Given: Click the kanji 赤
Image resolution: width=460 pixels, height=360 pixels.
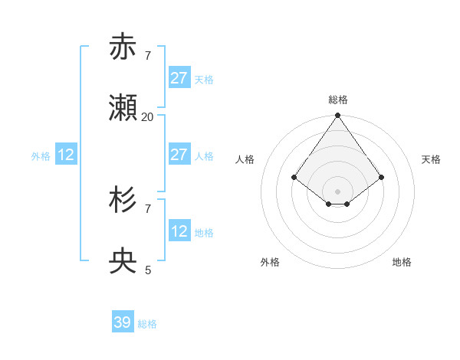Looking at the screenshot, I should tap(123, 47).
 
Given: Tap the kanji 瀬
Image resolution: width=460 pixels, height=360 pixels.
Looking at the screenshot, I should tap(123, 108).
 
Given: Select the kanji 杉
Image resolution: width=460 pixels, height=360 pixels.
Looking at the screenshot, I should tap(123, 200).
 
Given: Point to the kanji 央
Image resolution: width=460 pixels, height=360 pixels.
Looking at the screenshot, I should tap(123, 261).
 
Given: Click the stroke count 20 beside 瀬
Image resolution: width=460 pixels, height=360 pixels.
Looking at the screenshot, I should tap(148, 116).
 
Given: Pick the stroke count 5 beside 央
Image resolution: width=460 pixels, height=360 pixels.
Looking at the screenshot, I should tap(148, 270).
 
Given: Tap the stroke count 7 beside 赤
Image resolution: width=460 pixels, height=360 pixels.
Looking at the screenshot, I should tap(148, 55).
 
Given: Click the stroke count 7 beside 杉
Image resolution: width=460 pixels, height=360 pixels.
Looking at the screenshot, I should tap(148, 208).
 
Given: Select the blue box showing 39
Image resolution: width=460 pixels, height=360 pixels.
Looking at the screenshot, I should tap(123, 322).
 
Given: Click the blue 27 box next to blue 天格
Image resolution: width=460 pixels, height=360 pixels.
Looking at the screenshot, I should tap(179, 78).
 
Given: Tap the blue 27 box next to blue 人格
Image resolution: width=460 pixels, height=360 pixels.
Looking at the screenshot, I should tap(179, 155).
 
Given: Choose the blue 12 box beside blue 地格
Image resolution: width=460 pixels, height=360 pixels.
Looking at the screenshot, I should tap(179, 231).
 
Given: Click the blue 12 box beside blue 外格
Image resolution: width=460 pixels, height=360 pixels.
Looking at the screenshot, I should tap(66, 155).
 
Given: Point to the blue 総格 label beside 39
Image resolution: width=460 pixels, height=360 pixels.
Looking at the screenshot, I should tap(147, 324).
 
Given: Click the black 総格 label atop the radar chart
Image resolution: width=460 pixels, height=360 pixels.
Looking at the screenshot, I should tap(338, 100).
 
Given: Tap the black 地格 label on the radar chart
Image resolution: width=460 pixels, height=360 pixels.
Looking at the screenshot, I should tap(402, 262).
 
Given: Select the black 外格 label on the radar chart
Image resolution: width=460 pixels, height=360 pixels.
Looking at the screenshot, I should tap(270, 262).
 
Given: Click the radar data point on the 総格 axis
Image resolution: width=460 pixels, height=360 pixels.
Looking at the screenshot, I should tap(337, 116).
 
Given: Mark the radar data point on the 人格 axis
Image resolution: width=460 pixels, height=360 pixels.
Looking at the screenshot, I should tap(294, 177).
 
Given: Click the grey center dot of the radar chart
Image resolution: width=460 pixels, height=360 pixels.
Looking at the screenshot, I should tap(337, 191).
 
